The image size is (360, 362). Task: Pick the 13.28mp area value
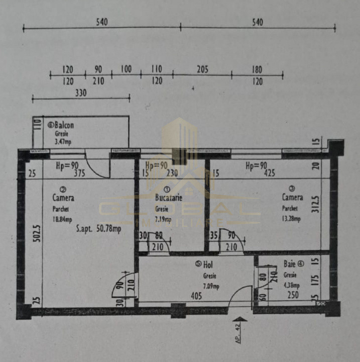(291, 219)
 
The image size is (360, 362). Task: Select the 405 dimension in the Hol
(196, 296)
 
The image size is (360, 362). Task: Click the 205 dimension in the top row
(202, 70)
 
